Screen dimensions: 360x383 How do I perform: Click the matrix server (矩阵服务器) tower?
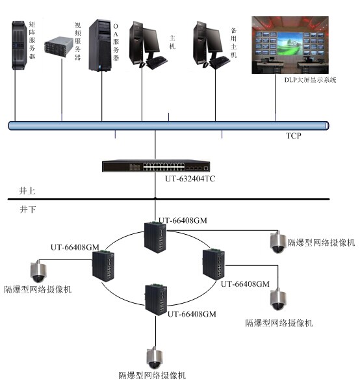coord(19,45)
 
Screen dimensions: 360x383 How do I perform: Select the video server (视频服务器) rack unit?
coord(58,47)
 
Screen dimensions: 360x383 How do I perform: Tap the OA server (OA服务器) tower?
coord(100,46)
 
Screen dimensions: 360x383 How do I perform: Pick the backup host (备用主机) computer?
coord(211,45)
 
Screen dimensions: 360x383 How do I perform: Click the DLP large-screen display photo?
coord(290,45)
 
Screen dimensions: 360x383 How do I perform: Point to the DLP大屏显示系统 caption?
coord(310,80)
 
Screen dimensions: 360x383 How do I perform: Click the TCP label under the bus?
coord(293,135)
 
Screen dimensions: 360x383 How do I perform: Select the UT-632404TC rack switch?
coord(156,166)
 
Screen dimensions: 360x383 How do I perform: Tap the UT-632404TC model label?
coord(190,179)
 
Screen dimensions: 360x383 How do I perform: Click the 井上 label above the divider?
coord(27,191)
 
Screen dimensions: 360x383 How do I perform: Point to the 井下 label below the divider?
coord(27,209)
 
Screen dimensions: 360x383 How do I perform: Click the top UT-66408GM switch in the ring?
coord(155,237)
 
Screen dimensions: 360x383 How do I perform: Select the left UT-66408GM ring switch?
coord(103,266)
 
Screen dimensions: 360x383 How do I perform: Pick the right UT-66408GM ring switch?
coord(214,264)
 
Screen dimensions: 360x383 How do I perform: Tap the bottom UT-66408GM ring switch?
coord(156,300)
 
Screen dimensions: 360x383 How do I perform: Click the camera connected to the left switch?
coord(38,271)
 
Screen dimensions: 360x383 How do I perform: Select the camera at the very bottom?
coord(154,358)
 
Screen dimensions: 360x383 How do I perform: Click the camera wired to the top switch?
coord(278,242)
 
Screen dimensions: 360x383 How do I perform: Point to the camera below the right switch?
coord(278,299)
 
